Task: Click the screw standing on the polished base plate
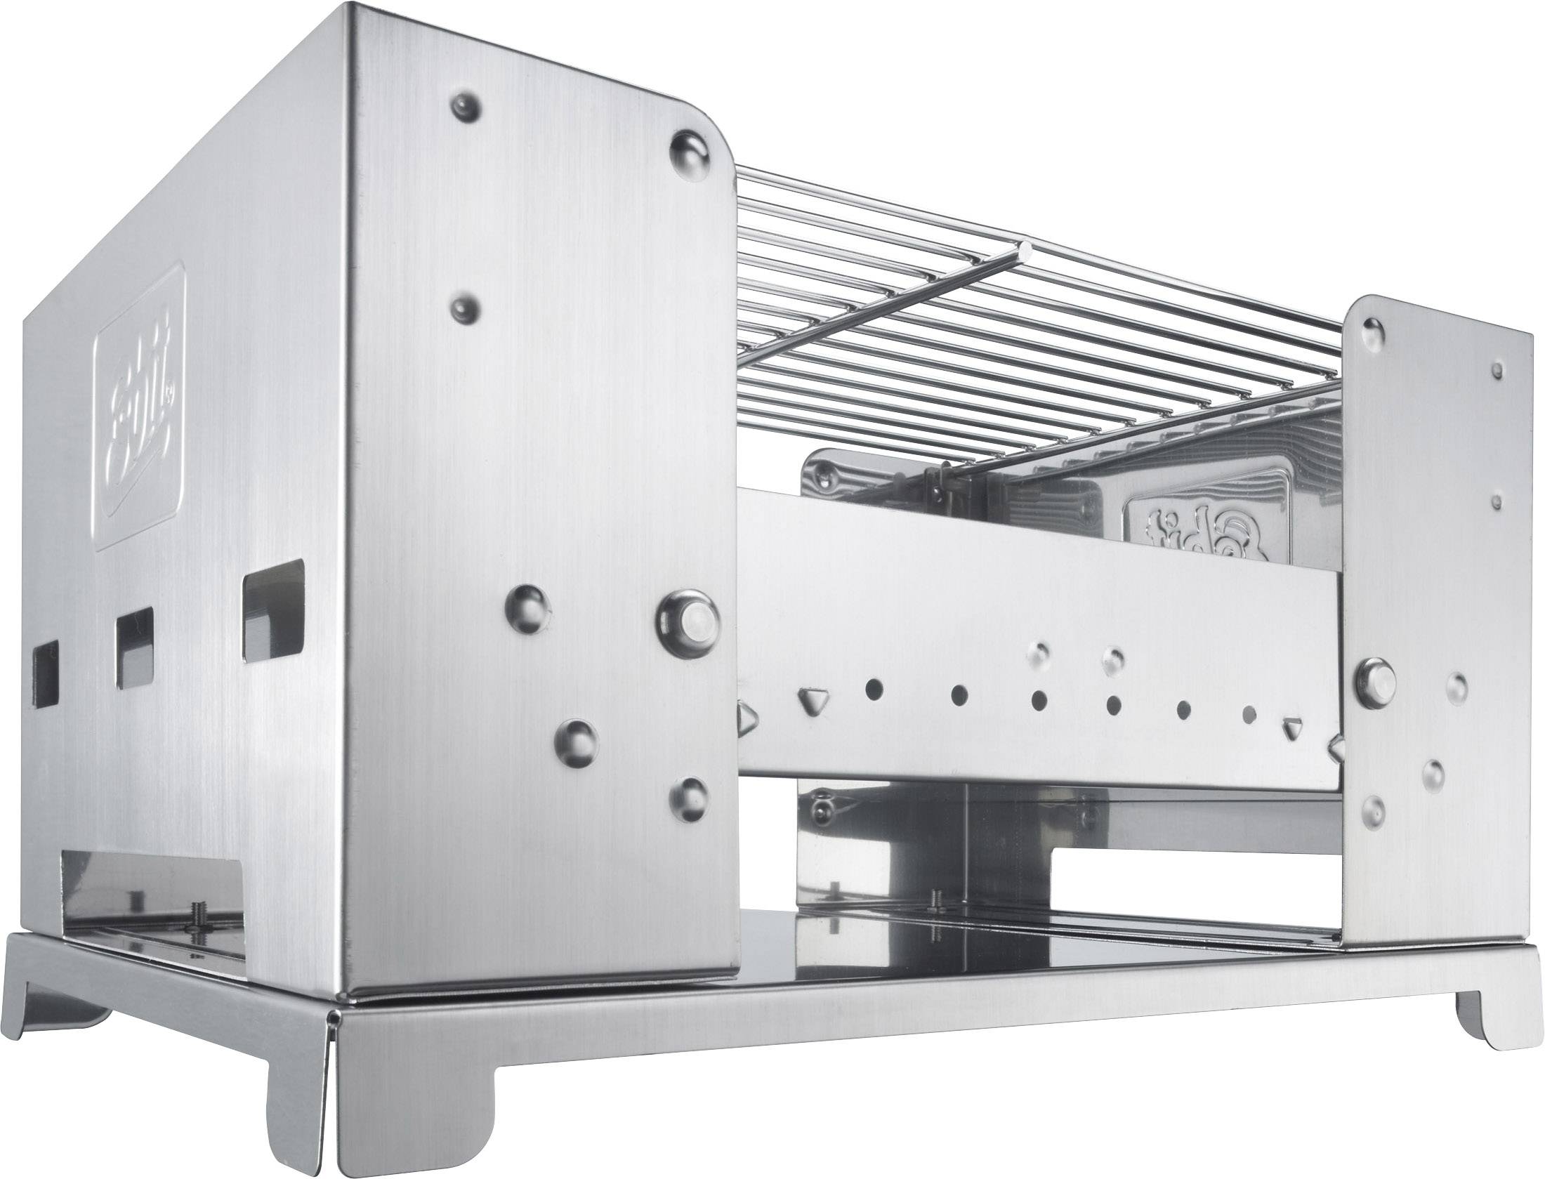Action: click(x=935, y=898)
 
